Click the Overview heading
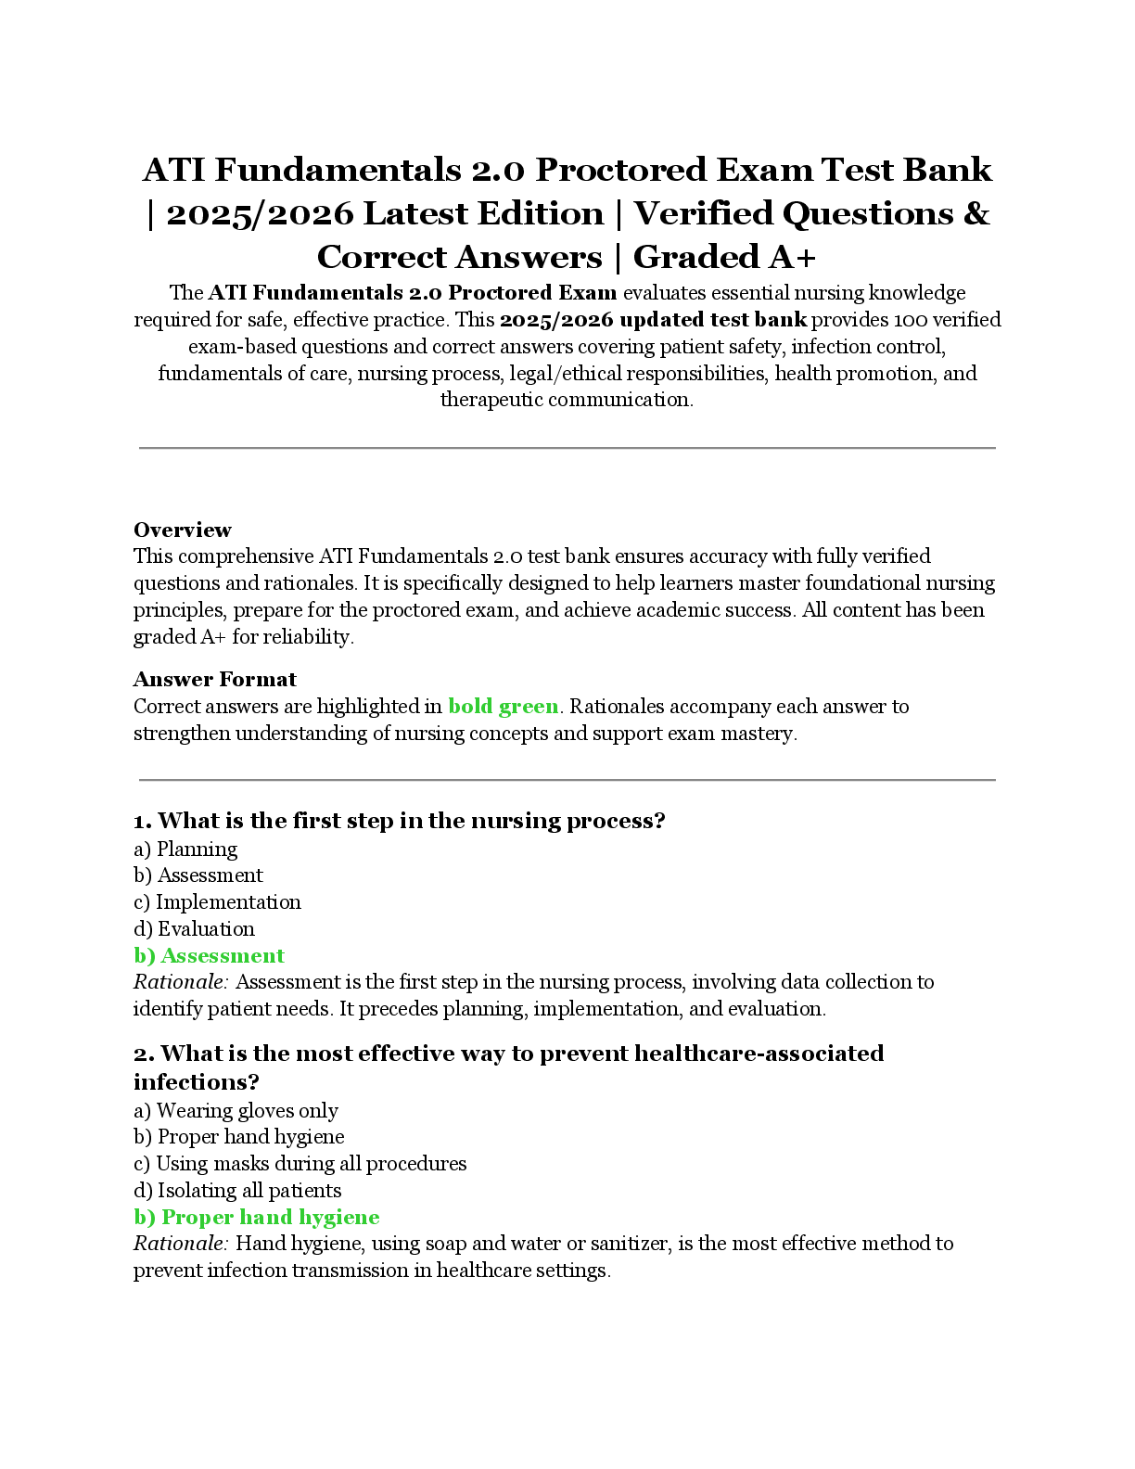pyautogui.click(x=182, y=530)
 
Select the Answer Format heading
pyautogui.click(x=214, y=679)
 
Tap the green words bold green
pyautogui.click(x=503, y=707)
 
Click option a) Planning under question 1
pyautogui.click(x=185, y=849)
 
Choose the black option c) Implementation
pyautogui.click(x=217, y=902)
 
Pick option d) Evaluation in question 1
pyautogui.click(x=194, y=929)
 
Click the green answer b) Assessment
pyautogui.click(x=209, y=956)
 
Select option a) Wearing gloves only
pyautogui.click(x=236, y=1111)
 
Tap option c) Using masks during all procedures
pyautogui.click(x=300, y=1164)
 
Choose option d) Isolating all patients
pyautogui.click(x=237, y=1191)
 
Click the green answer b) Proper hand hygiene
pyautogui.click(x=256, y=1218)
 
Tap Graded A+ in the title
pyautogui.click(x=724, y=257)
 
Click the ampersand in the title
pyautogui.click(x=976, y=214)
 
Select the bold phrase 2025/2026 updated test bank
pyautogui.click(x=653, y=320)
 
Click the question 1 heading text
pyautogui.click(x=400, y=821)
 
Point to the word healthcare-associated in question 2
pyautogui.click(x=759, y=1054)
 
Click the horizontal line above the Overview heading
pyautogui.click(x=567, y=448)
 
